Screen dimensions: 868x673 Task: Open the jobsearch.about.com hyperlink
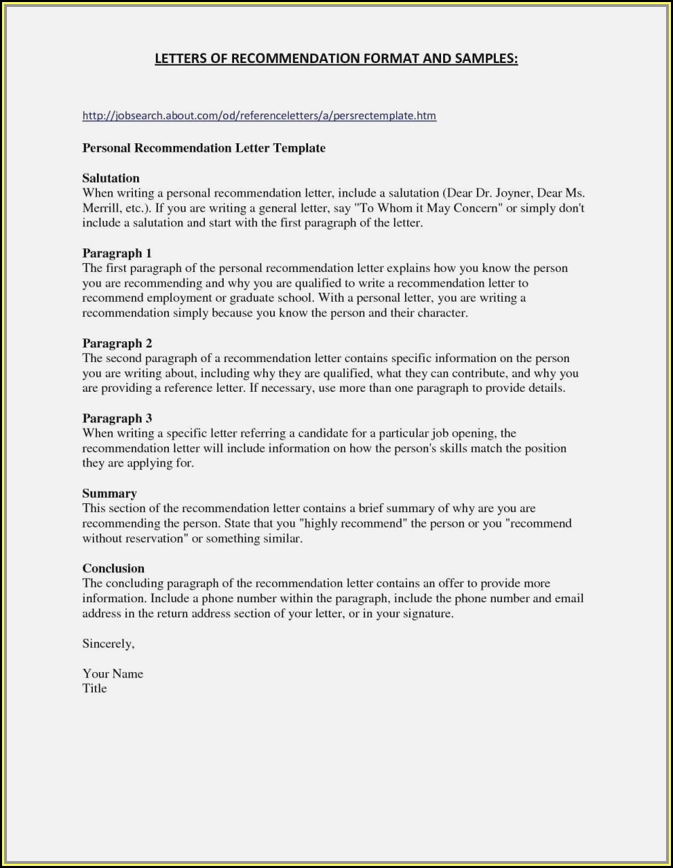point(259,116)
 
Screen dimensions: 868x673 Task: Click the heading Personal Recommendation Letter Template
point(204,148)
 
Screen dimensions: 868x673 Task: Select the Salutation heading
point(111,179)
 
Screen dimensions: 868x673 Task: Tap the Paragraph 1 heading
point(116,253)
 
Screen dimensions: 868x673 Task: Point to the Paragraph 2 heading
point(116,343)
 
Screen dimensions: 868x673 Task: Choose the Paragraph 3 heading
point(116,418)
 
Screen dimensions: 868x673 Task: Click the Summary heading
point(109,494)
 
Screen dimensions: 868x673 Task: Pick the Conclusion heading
point(113,568)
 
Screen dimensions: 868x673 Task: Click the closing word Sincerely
point(108,644)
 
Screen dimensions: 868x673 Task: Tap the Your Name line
point(112,673)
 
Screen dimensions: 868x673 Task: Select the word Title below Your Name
point(95,688)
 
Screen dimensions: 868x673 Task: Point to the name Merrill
point(102,208)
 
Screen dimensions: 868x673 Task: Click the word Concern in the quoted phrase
point(478,208)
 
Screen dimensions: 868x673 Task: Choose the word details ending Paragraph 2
point(545,388)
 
